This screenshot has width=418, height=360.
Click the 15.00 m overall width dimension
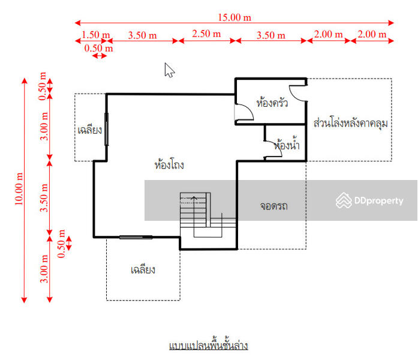coord(234,17)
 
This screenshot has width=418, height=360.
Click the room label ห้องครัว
coord(272,103)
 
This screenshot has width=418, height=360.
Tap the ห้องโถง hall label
coord(169,164)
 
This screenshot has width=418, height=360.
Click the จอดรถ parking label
coord(273,206)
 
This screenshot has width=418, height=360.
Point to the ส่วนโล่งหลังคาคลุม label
coord(351,124)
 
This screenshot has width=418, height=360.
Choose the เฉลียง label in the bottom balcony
coord(143,270)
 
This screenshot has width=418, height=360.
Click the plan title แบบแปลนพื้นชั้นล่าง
coord(208,346)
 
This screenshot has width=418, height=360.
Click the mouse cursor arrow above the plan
coord(169,70)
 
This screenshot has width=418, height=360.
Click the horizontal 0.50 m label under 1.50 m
coord(99,48)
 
